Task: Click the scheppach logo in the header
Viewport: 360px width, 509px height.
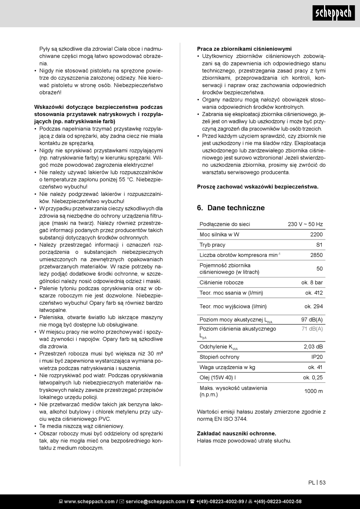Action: point(334,14)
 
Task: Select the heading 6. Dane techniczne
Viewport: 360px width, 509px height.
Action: point(231,208)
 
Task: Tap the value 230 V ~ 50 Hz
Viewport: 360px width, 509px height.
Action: point(305,224)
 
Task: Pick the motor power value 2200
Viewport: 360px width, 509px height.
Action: point(316,235)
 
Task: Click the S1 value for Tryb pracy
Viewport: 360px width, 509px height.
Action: point(319,245)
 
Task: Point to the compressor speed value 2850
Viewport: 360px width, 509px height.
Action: point(316,255)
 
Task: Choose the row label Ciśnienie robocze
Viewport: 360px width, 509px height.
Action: point(222,282)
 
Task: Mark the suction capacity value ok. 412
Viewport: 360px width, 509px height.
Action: point(314,293)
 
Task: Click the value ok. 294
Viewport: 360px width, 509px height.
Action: point(313,306)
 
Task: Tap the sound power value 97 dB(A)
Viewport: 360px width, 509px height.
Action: point(312,320)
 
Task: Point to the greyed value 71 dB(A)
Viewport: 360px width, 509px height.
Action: point(312,329)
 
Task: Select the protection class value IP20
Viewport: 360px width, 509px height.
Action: point(317,357)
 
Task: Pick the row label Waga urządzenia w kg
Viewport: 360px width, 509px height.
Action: point(227,367)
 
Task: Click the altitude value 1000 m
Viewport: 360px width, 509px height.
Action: point(313,391)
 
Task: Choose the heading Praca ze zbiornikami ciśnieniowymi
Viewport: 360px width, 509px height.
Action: point(244,49)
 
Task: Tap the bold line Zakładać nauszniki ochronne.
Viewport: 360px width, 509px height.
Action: point(236,433)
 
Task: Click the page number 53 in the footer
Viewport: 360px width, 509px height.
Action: point(322,482)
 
